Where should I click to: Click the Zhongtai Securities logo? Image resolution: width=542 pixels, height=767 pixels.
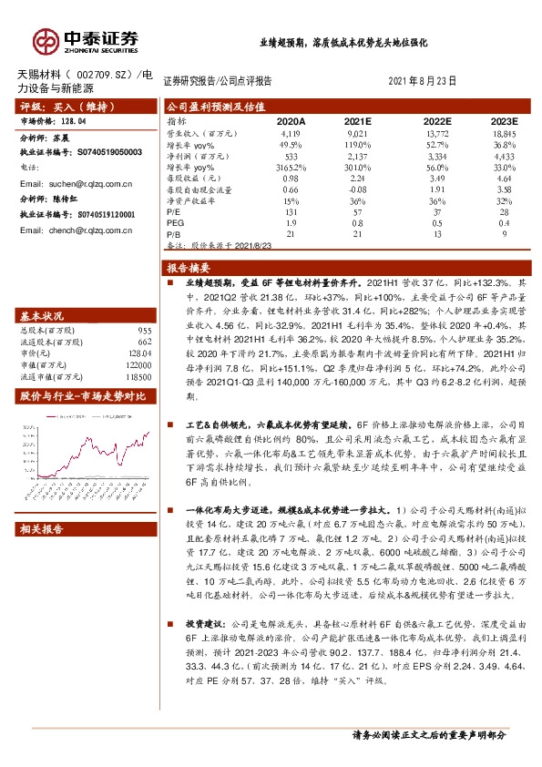click(x=87, y=41)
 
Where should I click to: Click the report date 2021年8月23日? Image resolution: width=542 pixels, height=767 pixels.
click(x=422, y=81)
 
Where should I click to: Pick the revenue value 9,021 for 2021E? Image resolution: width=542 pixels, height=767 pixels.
click(x=363, y=133)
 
